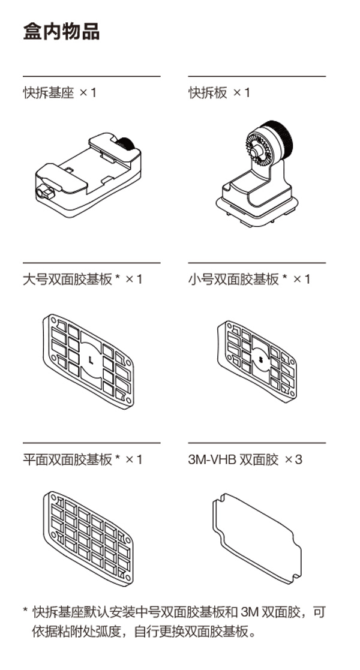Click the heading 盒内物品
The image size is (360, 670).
[x=61, y=31]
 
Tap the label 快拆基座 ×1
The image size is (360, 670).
[x=59, y=93]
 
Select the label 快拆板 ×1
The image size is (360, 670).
[x=219, y=93]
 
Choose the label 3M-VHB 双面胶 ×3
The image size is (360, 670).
[x=245, y=460]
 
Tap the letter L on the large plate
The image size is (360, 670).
[x=91, y=360]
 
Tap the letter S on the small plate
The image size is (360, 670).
[x=260, y=360]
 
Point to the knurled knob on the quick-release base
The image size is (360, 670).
[x=125, y=145]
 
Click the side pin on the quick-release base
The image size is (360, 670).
[x=44, y=194]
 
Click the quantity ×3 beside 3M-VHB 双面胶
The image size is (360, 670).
[x=293, y=460]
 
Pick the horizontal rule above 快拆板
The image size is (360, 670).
[x=257, y=77]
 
